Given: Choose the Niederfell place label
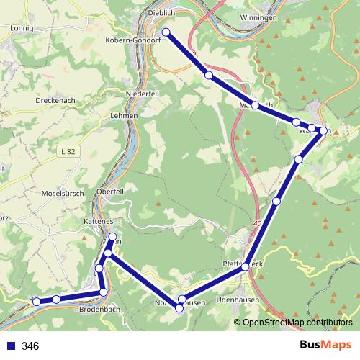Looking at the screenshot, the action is (x=140, y=93).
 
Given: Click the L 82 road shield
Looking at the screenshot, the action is (x=68, y=151).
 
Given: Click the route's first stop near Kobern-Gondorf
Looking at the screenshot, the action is (x=166, y=32).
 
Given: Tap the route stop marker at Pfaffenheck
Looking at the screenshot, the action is (x=246, y=266).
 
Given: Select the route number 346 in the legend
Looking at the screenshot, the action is (x=31, y=346).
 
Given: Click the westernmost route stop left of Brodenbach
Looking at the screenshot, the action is (x=36, y=302).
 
